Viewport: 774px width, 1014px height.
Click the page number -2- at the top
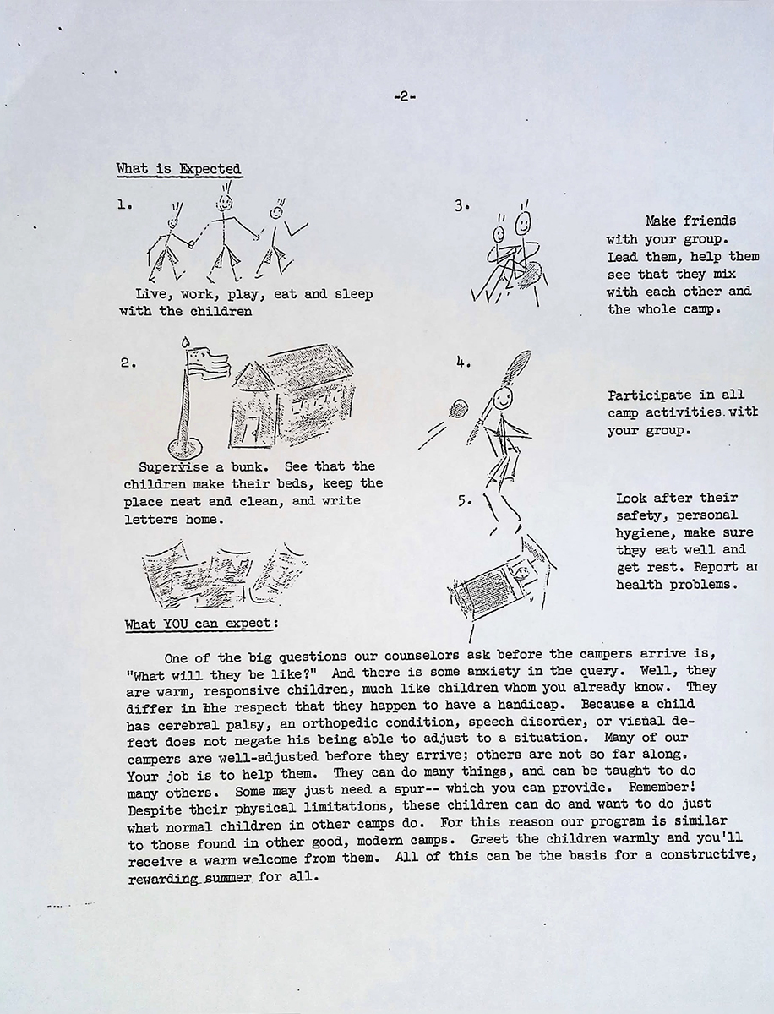click(x=404, y=97)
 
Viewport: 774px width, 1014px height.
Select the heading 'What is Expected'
click(x=178, y=169)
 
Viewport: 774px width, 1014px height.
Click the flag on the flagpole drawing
click(x=206, y=363)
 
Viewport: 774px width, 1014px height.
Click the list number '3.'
click(x=461, y=205)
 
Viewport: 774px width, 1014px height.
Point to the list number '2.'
click(x=128, y=363)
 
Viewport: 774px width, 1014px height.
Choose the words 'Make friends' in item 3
click(x=690, y=221)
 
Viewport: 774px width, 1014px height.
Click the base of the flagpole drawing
click(x=186, y=446)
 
